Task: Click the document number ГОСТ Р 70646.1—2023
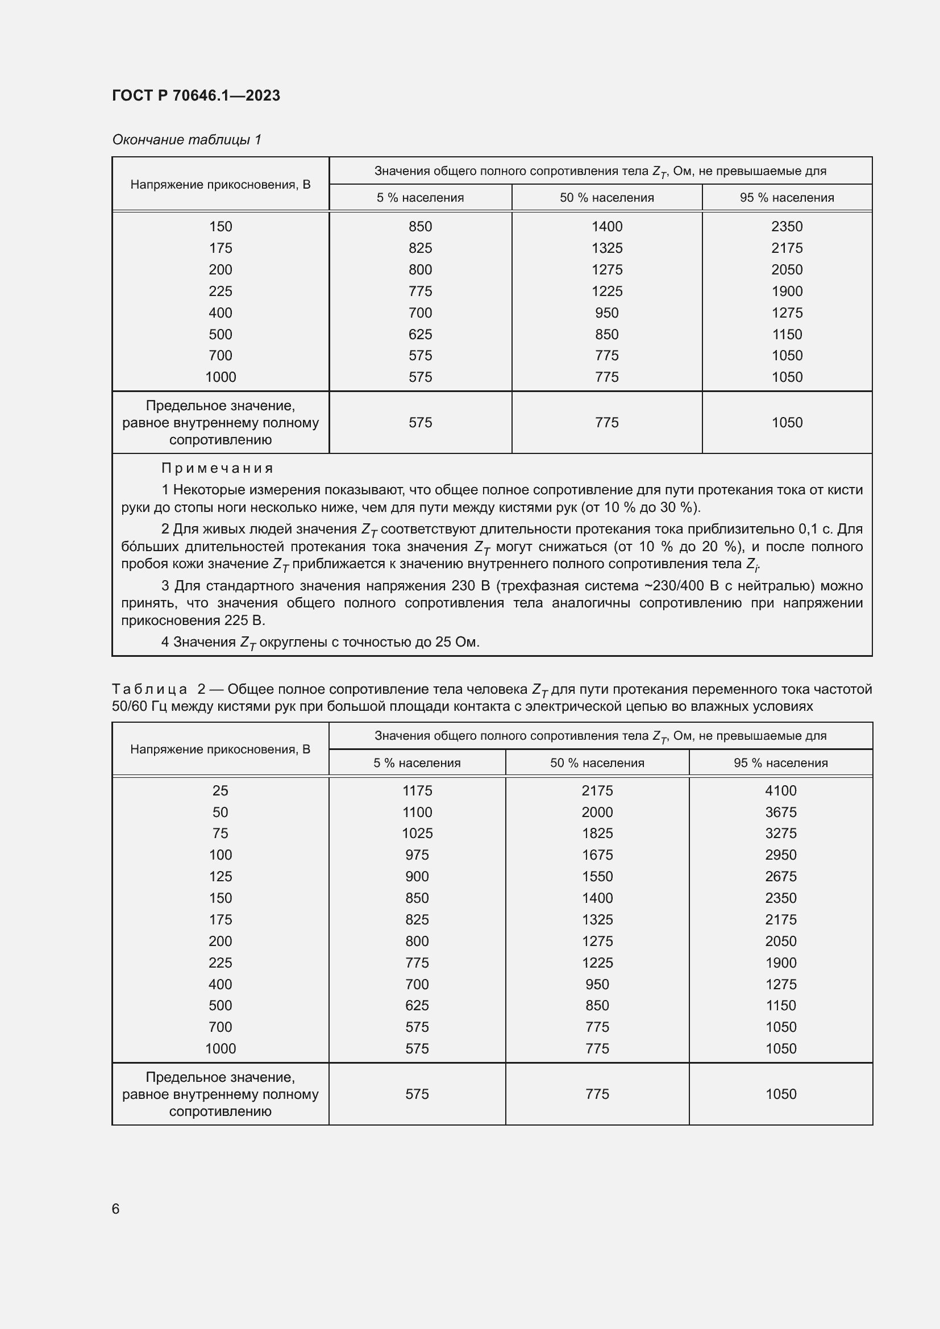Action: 196,95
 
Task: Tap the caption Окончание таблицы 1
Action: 186,140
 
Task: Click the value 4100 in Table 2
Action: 780,790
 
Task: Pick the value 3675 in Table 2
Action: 780,811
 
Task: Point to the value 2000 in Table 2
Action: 597,811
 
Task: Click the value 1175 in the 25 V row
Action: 417,790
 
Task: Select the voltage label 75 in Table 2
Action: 220,833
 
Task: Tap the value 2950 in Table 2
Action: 780,855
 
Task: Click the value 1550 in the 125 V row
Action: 597,876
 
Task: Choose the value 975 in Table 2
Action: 417,855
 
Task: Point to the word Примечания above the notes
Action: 217,468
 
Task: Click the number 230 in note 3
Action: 463,585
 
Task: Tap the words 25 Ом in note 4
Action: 455,642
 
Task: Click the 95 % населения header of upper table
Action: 787,197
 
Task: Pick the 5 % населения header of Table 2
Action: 417,763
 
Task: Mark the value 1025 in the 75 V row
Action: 417,833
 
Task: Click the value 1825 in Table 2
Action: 597,833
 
